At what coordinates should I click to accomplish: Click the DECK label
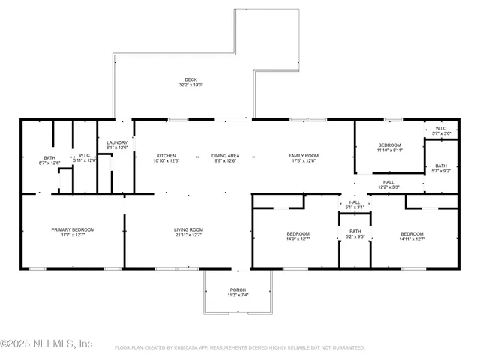[191, 79]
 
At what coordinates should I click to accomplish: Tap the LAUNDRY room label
[117, 142]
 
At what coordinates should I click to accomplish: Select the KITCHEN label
[166, 155]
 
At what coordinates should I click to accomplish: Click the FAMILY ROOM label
[302, 155]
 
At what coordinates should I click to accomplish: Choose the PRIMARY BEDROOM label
[73, 229]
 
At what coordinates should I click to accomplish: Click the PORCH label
[238, 289]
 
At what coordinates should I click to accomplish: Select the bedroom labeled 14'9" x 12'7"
[298, 234]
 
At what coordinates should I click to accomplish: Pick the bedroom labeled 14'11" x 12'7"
[412, 234]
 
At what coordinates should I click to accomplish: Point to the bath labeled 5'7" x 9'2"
[441, 166]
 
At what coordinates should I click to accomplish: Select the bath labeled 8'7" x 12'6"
[49, 157]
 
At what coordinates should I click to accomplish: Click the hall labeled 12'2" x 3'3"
[388, 181]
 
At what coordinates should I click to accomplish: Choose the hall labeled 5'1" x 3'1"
[355, 202]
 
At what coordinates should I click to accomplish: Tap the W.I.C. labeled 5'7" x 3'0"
[441, 128]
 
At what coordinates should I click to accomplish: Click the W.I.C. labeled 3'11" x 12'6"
[84, 157]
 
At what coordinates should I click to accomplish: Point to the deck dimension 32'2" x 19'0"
[191, 85]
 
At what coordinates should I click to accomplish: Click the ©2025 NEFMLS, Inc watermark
[46, 343]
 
